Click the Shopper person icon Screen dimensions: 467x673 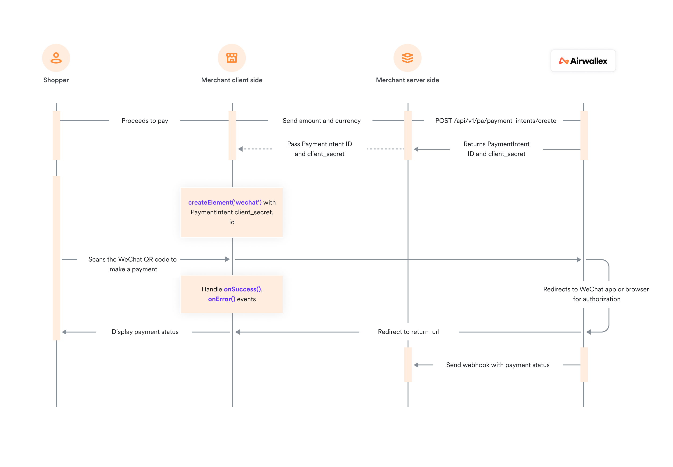click(56, 58)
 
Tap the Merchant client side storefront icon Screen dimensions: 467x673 click(231, 58)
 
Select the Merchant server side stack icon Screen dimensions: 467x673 click(407, 58)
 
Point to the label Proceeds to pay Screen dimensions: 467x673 click(145, 120)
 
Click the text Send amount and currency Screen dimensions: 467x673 click(321, 120)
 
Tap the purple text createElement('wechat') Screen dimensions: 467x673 click(225, 202)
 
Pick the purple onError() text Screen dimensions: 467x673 click(221, 299)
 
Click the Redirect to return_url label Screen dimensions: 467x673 click(408, 332)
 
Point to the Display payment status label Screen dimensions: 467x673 click(145, 332)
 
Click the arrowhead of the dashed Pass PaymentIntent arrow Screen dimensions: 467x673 click(240, 149)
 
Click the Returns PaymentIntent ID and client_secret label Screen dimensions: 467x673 click(496, 149)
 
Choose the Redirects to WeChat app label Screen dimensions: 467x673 click(596, 294)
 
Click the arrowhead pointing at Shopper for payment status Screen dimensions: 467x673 click(64, 332)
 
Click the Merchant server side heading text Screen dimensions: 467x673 click(407, 80)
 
